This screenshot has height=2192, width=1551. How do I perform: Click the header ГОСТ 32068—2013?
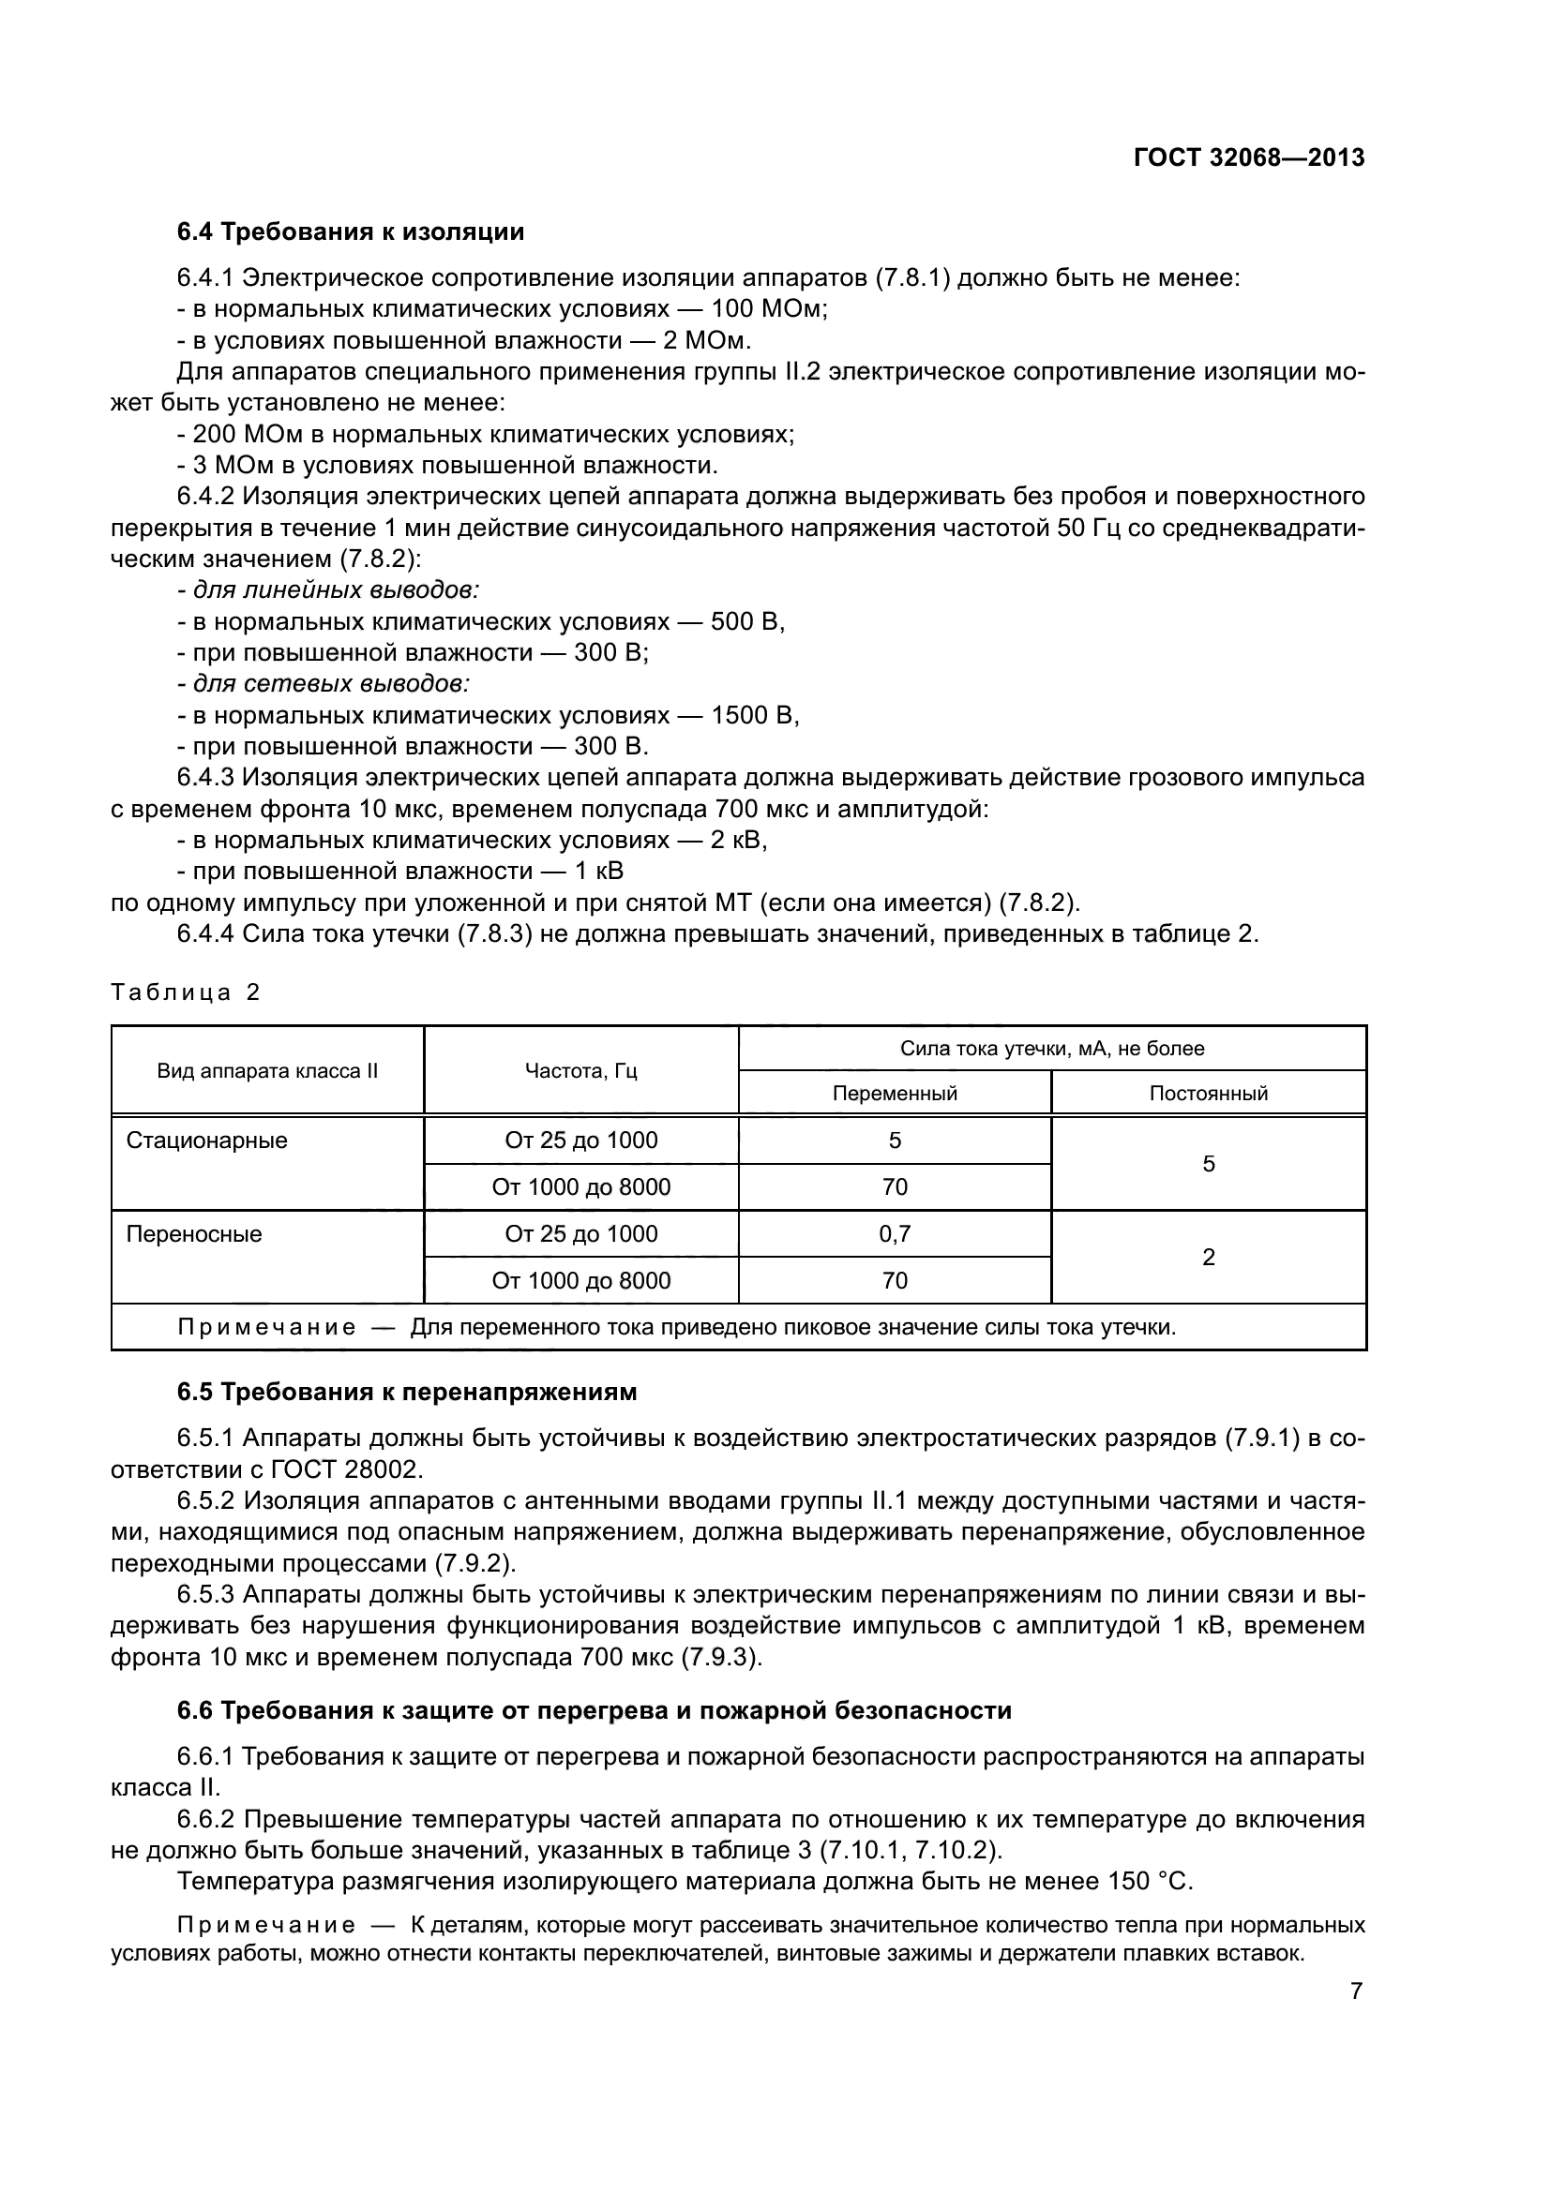click(1248, 157)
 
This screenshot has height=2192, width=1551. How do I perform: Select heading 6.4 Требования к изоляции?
click(351, 232)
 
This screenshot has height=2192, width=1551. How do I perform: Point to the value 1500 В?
click(754, 715)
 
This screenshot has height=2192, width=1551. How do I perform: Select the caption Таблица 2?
click(186, 992)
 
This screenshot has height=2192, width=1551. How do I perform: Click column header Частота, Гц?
click(580, 1070)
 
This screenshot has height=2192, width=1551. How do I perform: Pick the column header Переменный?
click(894, 1093)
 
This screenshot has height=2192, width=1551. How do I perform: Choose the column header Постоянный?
click(1208, 1093)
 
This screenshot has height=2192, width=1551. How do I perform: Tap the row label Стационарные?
click(206, 1141)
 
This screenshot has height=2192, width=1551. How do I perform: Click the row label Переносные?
click(194, 1234)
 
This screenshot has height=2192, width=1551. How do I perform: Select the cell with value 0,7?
click(894, 1233)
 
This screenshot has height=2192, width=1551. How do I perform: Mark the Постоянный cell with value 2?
click(1208, 1258)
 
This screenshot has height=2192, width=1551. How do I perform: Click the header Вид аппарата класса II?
click(267, 1070)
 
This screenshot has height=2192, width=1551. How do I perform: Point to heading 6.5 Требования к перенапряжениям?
click(407, 1392)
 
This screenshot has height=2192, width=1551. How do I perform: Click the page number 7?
click(1356, 1991)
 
